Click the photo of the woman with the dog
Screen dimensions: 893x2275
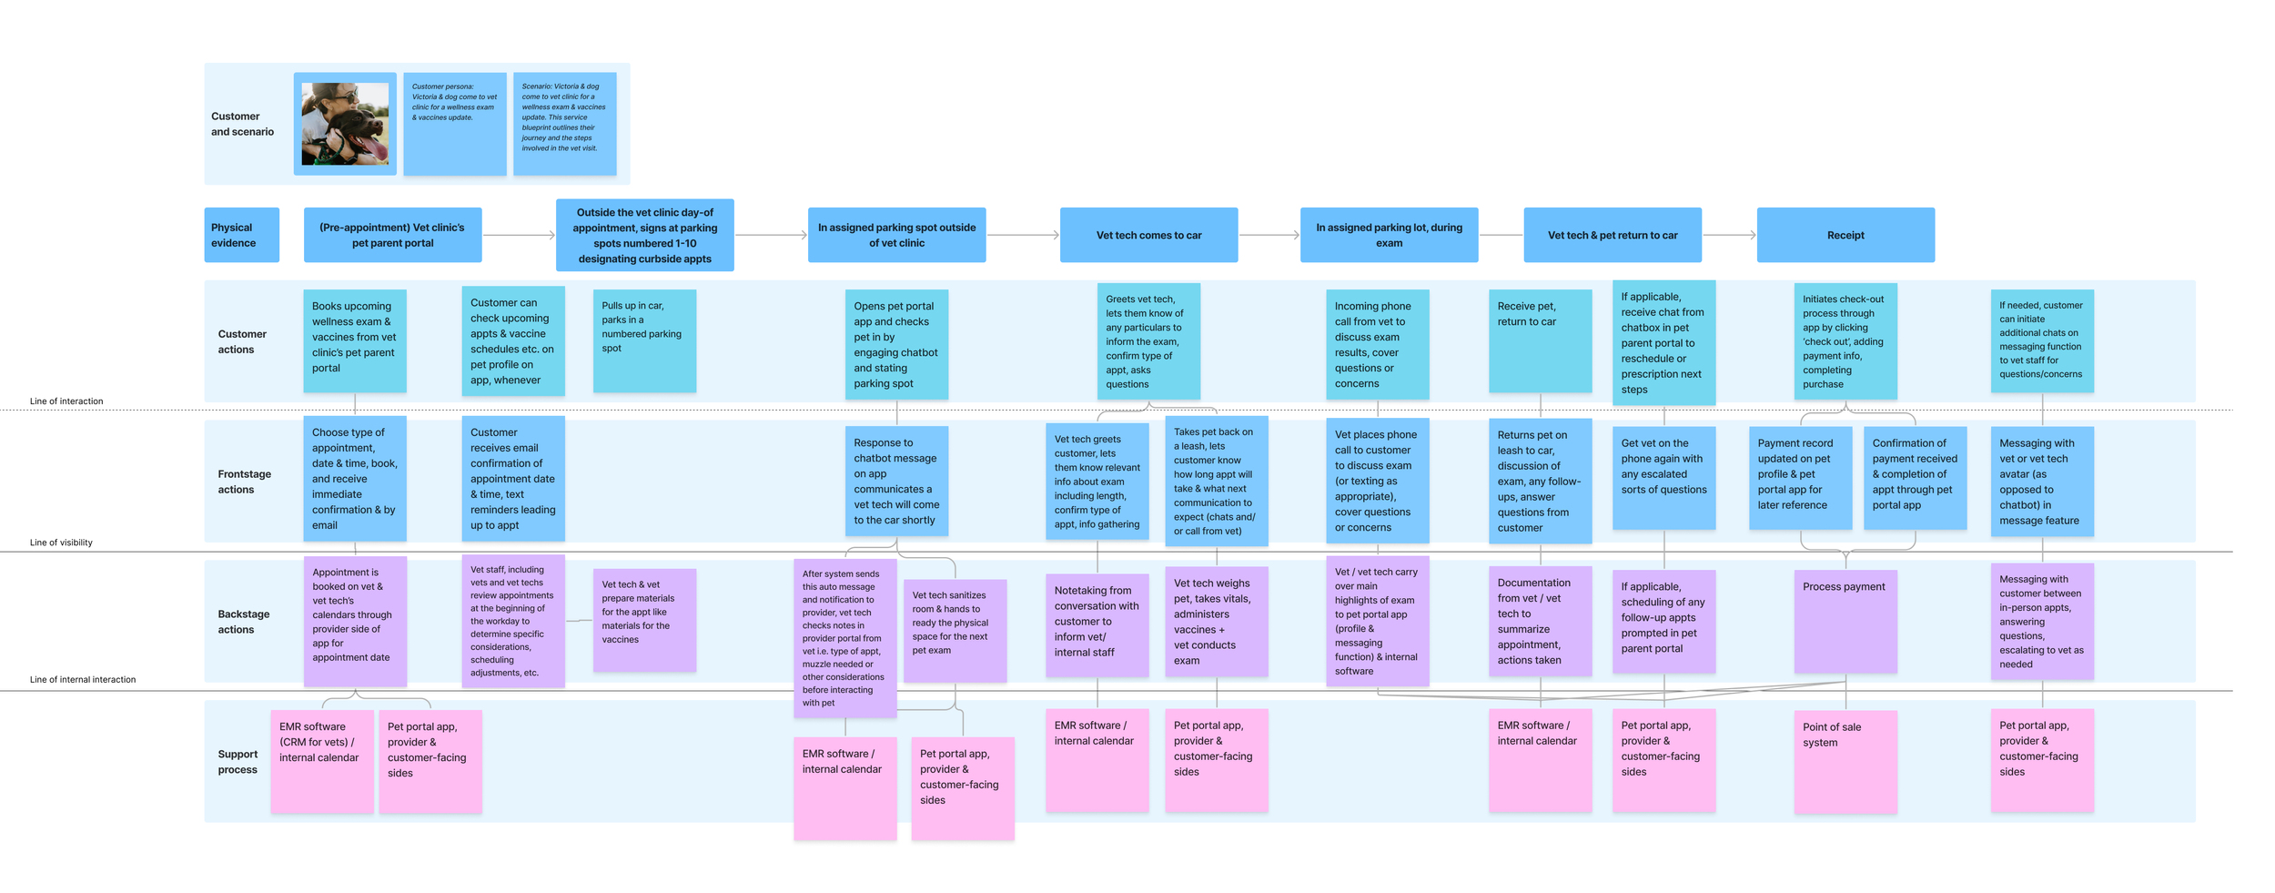(x=345, y=124)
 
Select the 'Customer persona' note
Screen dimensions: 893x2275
(x=454, y=124)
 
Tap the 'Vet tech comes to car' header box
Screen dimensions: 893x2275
(x=1148, y=235)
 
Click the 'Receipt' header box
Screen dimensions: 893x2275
(x=1845, y=235)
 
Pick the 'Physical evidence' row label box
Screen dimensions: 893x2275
(x=241, y=235)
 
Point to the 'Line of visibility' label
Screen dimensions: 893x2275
(x=61, y=543)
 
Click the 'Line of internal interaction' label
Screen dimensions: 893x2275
(x=83, y=679)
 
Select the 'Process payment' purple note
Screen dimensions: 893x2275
(x=1845, y=621)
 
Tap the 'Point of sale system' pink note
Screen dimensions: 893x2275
(x=1845, y=761)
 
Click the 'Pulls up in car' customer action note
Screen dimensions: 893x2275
(x=644, y=340)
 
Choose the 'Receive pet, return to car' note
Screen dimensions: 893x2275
(x=1540, y=340)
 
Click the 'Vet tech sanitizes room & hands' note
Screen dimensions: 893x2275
(x=955, y=630)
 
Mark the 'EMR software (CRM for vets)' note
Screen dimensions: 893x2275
(x=321, y=761)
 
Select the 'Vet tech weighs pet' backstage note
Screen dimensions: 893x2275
(x=1216, y=621)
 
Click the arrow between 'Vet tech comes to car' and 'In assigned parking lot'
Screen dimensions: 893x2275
(x=1269, y=235)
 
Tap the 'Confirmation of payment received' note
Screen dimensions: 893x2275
(x=1915, y=477)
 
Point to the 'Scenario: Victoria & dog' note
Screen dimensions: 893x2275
(x=564, y=124)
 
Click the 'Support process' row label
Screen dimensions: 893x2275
(x=238, y=761)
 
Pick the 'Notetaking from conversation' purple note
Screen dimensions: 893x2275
(x=1097, y=624)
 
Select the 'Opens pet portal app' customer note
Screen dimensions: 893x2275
(x=896, y=344)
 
